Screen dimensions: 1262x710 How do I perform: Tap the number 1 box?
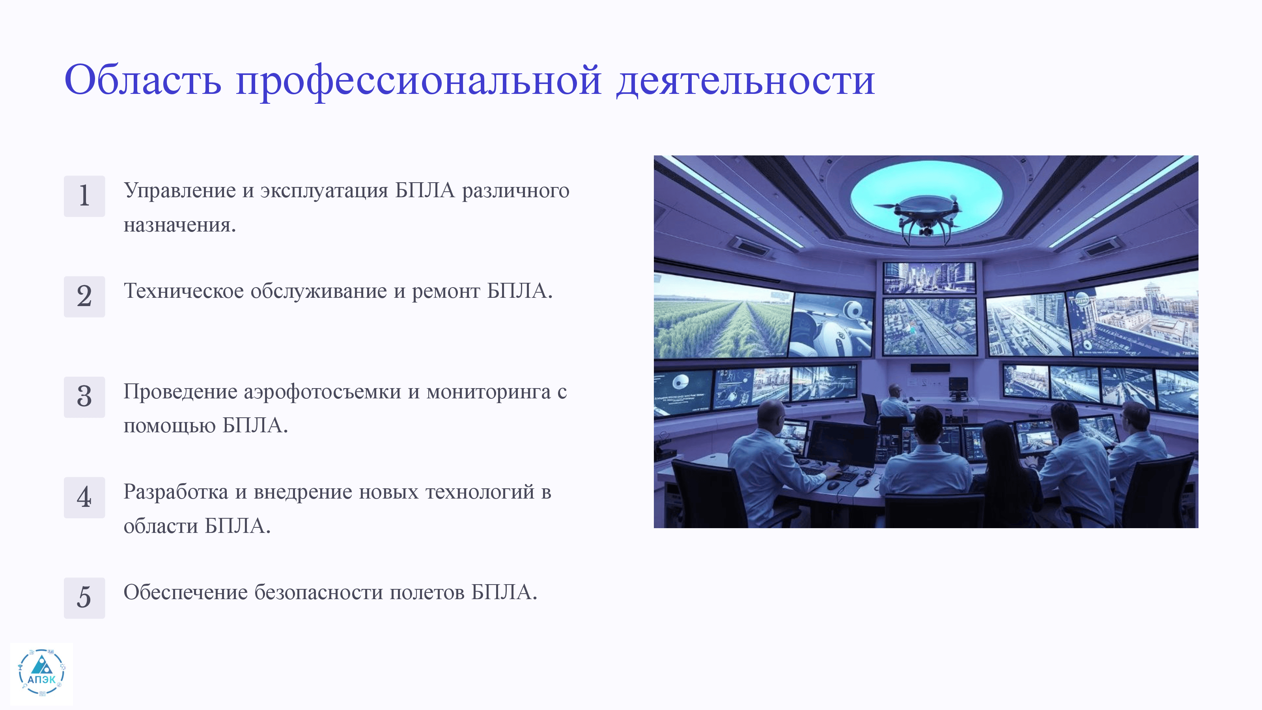84,196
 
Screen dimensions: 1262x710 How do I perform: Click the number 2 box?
84,297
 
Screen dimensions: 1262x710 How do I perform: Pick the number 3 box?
84,397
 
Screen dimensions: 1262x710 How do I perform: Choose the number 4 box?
84,497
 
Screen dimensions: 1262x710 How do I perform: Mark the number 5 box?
84,598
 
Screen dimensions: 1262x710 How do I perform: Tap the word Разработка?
175,492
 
